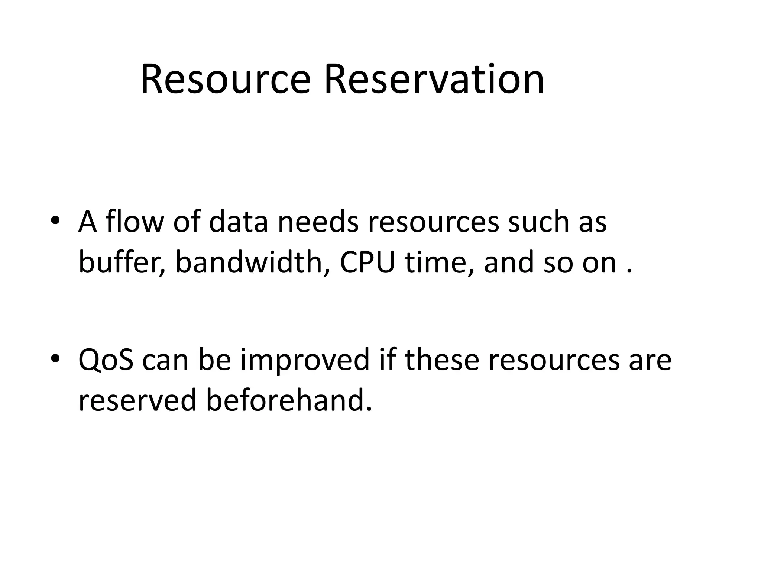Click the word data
(238, 222)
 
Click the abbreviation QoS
(106, 360)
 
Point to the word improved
(305, 360)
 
